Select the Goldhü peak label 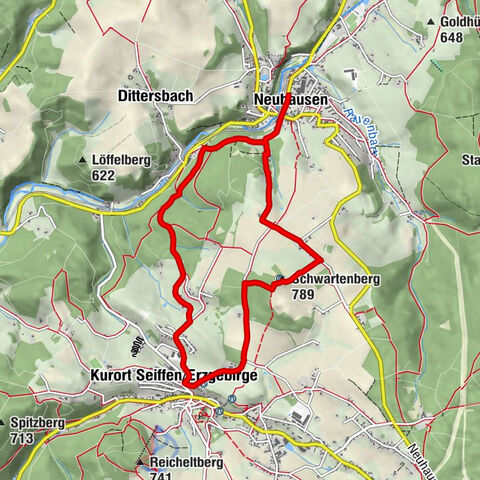457,20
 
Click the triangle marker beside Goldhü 431,21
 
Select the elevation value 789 304,295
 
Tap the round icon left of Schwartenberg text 279,279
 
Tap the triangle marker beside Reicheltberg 140,461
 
